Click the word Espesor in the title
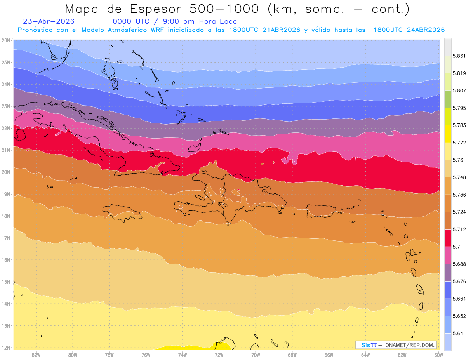click(x=155, y=9)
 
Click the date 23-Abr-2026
click(x=49, y=21)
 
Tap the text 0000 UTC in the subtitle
click(x=131, y=21)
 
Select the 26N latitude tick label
click(x=5, y=40)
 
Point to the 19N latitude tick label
click(x=5, y=194)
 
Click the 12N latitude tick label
click(x=5, y=348)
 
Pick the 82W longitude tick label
click(x=36, y=355)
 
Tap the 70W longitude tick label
click(x=256, y=355)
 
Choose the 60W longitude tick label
click(x=438, y=355)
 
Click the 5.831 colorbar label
click(x=459, y=56)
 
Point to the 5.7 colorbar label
click(x=456, y=247)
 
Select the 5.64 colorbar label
click(x=457, y=333)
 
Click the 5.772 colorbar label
click(x=459, y=143)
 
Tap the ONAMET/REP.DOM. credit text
click(x=410, y=345)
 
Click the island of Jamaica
click(x=122, y=213)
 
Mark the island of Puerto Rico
click(x=320, y=211)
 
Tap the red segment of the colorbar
click(x=448, y=238)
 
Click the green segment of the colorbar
click(x=448, y=99)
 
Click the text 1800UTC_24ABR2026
click(x=409, y=30)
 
